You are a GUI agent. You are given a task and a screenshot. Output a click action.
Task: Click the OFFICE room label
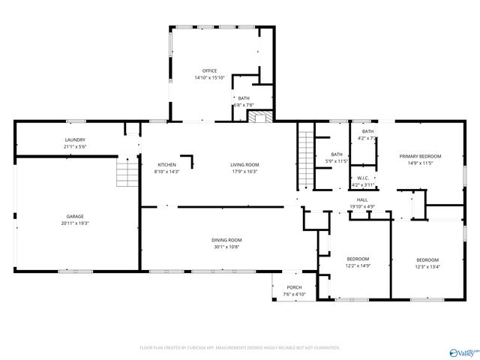[209, 71]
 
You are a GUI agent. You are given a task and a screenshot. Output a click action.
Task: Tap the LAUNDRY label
[75, 139]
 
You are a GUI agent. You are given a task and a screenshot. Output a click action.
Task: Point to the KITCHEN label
[166, 164]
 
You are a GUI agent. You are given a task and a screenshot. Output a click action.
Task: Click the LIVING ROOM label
[244, 164]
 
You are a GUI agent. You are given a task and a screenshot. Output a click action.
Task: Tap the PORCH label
[294, 288]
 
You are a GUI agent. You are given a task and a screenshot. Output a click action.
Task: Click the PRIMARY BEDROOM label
[420, 156]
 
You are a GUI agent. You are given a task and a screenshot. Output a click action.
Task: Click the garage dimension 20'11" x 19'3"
[75, 223]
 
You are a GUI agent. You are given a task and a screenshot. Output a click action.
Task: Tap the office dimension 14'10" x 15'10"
[209, 78]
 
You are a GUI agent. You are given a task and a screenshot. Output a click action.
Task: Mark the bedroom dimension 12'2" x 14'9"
[357, 265]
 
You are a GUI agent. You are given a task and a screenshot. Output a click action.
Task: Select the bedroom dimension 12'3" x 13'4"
[427, 265]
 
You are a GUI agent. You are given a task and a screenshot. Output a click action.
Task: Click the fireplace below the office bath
[259, 116]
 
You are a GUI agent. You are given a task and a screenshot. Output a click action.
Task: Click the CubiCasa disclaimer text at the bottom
[240, 348]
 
